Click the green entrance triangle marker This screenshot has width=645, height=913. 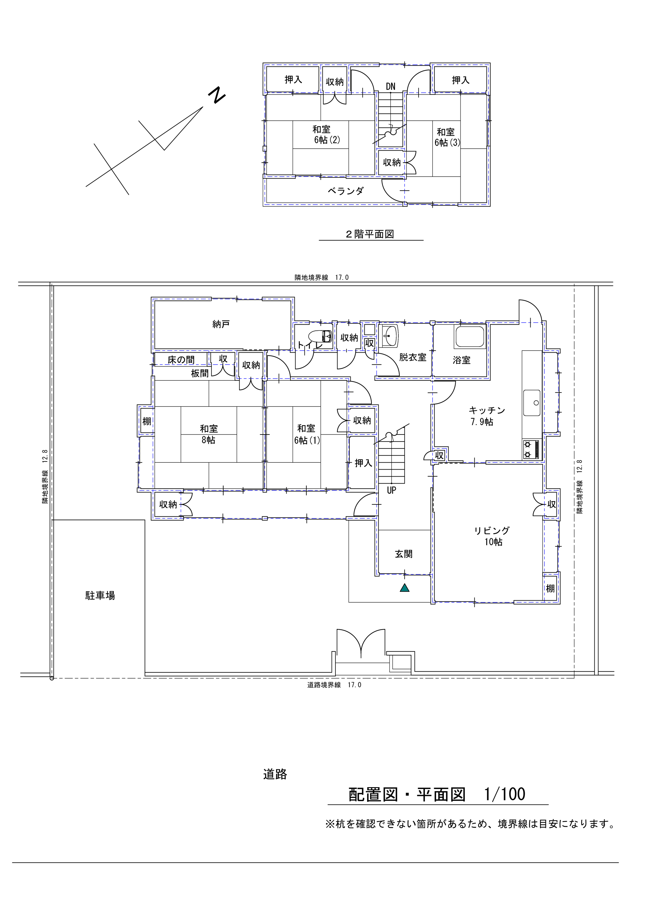pyautogui.click(x=404, y=588)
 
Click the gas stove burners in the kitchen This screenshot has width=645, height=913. pyautogui.click(x=531, y=449)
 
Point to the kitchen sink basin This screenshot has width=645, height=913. pyautogui.click(x=532, y=403)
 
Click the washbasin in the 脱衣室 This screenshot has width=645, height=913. pyautogui.click(x=390, y=336)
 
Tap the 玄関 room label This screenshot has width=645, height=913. pyautogui.click(x=404, y=554)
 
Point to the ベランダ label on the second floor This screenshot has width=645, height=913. pyautogui.click(x=346, y=191)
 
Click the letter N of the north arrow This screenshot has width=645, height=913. pyautogui.click(x=217, y=96)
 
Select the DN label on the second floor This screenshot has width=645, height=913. pyautogui.click(x=390, y=86)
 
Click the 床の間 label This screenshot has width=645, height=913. pyautogui.click(x=181, y=360)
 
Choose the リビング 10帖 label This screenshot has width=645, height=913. pyautogui.click(x=492, y=536)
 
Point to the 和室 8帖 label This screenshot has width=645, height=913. pyautogui.click(x=209, y=434)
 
